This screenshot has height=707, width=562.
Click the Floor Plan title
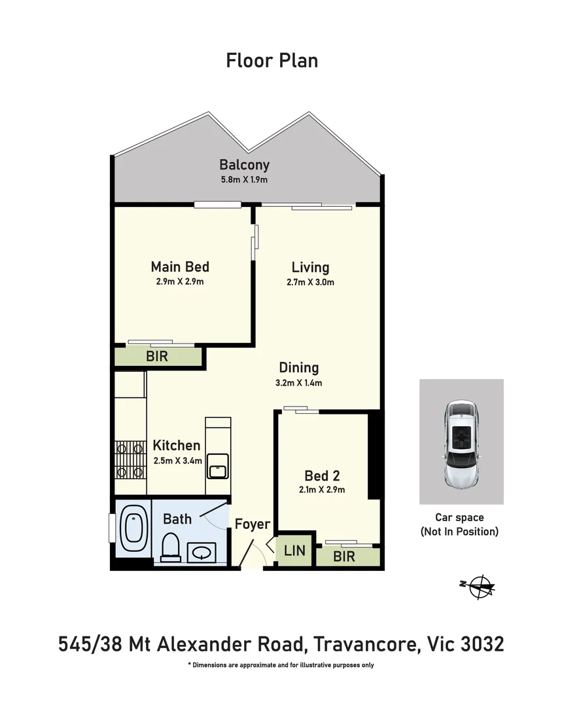pos(272,61)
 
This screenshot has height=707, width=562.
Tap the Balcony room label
pos(244,165)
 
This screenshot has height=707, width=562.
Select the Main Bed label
pos(180,266)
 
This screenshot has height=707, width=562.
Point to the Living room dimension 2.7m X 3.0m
pos(310,283)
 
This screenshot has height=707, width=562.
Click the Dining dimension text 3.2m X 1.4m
pos(299,384)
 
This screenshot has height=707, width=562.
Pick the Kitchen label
pos(177,446)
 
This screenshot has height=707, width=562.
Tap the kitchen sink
pos(217,468)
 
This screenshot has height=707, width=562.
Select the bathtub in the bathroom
pos(133,528)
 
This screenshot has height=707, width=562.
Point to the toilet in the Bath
pos(171,546)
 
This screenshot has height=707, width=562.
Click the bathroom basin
pos(201,552)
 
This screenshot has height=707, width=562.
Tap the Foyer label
pos(253,524)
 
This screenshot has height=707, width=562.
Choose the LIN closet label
pos(294,551)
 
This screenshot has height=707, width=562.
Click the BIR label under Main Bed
pos(157,357)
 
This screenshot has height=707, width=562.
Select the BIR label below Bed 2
pos(344,556)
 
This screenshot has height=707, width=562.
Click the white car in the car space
pos(461,443)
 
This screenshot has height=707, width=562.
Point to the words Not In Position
pos(459,532)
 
